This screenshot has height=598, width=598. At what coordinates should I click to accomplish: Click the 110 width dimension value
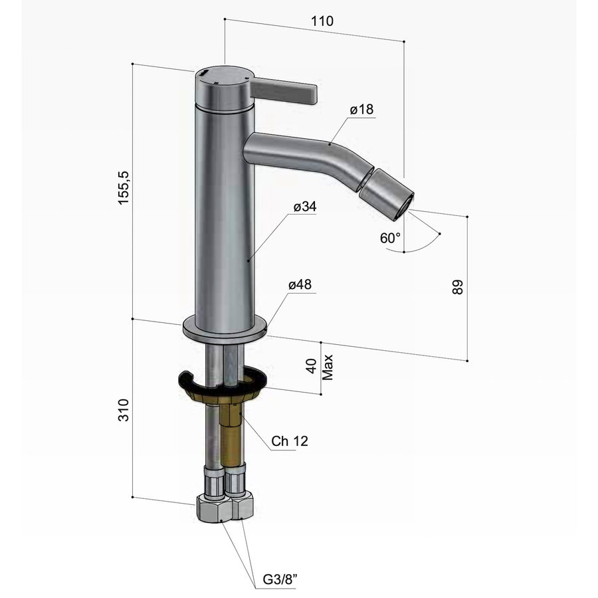[322, 21]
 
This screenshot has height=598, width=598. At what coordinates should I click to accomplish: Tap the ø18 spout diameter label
[362, 110]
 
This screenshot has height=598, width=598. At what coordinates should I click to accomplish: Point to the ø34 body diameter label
[304, 207]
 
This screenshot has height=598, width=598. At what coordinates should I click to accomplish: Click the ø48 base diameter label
[300, 285]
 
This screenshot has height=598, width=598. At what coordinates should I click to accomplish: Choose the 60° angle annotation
[391, 238]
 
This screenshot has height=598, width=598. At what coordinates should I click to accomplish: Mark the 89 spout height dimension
[456, 286]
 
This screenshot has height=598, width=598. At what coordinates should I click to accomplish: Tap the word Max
[327, 366]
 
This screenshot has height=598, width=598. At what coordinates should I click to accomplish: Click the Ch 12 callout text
[290, 441]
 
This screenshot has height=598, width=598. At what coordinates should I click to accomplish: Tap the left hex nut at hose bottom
[212, 510]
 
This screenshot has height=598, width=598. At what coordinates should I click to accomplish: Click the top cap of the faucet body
[223, 75]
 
